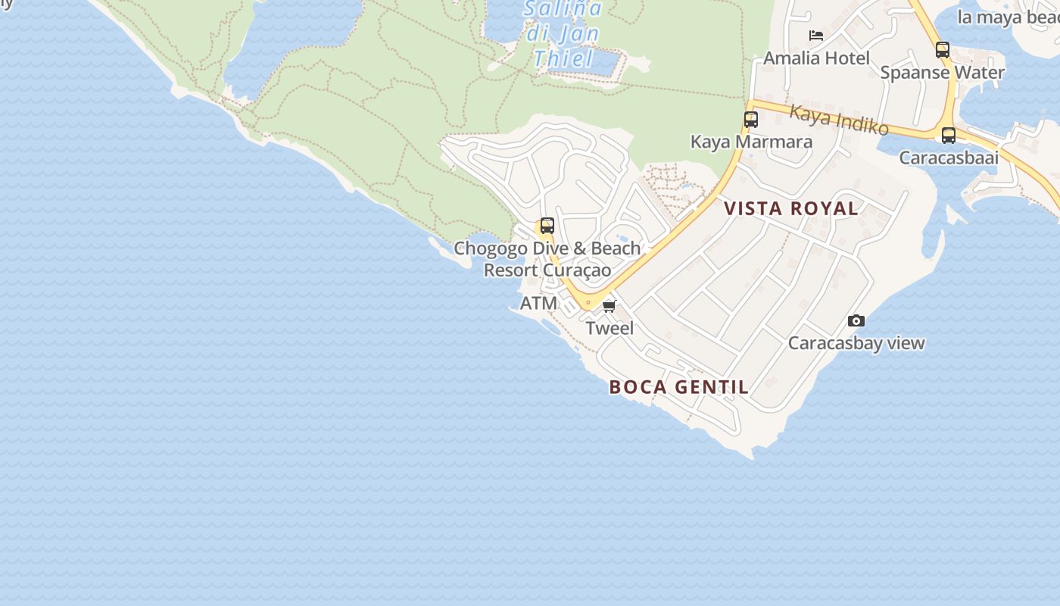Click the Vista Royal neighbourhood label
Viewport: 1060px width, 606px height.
791,208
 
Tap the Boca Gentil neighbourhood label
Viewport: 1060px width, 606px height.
679,387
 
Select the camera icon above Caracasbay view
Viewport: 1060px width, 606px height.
856,321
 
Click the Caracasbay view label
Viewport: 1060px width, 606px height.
856,343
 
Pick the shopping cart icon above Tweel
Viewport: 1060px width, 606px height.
609,307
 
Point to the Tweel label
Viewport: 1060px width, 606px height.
609,329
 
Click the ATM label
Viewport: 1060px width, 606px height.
538,304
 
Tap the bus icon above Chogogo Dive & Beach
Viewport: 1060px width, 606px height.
547,226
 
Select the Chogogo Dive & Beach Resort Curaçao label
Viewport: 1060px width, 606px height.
547,259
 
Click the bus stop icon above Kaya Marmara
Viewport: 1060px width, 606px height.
751,120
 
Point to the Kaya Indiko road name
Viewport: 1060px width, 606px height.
839,120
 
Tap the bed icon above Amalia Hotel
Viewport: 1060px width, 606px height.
816,36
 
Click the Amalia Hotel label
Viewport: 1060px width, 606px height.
816,58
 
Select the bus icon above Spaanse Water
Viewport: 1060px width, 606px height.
943,50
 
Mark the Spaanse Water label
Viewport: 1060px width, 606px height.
943,73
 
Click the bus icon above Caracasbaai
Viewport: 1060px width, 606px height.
949,136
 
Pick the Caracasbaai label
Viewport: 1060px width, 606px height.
949,158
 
